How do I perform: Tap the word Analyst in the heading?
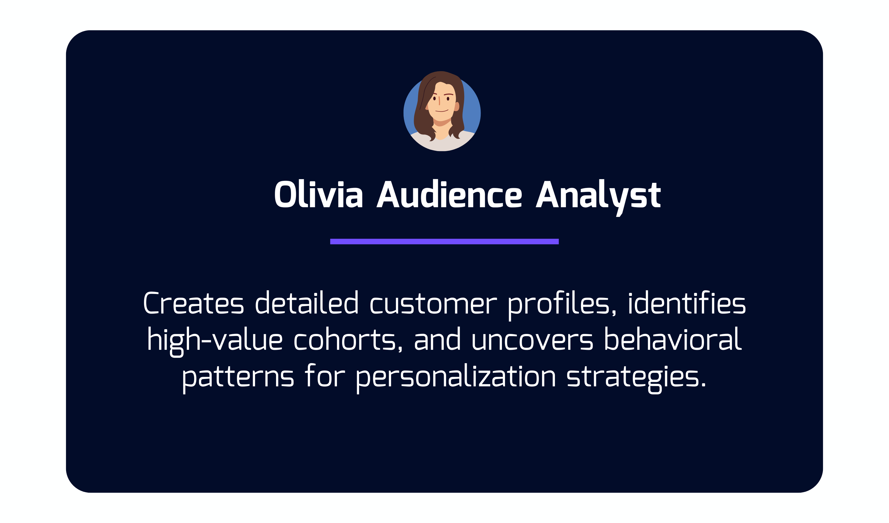coord(598,198)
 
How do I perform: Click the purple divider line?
coord(444,242)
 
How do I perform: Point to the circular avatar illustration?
coord(442,111)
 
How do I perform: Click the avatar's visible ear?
coord(457,107)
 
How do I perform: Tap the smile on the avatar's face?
coord(442,111)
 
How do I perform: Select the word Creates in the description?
coord(193,303)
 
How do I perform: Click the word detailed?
coord(307,302)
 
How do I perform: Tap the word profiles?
coord(562,306)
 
